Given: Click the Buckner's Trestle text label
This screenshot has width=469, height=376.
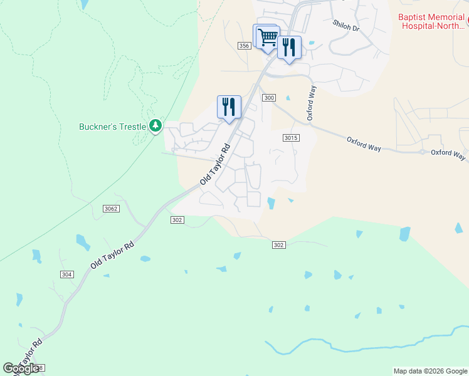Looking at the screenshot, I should tap(112, 127).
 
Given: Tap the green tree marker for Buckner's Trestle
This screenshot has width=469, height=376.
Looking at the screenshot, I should tap(155, 127).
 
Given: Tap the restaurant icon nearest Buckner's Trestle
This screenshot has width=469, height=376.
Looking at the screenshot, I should tap(229, 107).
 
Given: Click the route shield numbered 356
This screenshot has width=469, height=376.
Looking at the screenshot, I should tap(245, 46).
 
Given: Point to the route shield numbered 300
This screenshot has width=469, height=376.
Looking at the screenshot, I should tap(269, 98).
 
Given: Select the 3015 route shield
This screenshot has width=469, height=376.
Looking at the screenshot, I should tap(290, 138).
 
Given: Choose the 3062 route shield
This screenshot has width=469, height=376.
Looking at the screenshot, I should tap(111, 208).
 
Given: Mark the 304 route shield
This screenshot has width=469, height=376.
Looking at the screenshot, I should tap(67, 274).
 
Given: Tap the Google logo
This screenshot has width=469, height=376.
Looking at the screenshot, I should tap(21, 368).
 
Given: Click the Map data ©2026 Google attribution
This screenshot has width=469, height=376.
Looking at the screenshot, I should tap(430, 371).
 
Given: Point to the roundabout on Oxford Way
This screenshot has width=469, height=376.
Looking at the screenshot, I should tap(423, 152).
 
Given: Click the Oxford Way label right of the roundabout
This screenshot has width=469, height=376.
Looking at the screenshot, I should tap(448, 154).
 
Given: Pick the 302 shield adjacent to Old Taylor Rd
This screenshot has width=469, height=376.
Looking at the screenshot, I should tap(177, 220).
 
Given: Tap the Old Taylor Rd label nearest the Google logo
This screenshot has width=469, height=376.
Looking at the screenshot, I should tap(29, 354).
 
